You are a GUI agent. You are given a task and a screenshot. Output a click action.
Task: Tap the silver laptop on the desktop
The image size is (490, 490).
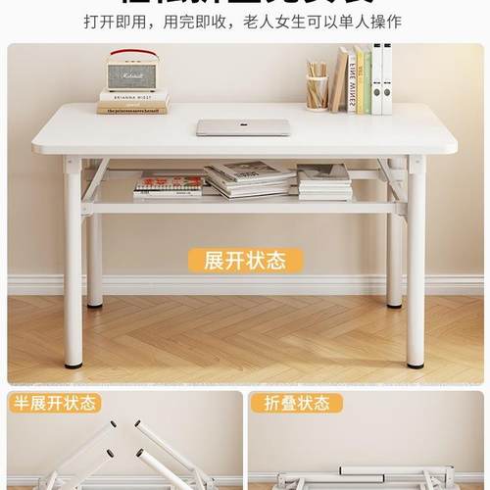243,127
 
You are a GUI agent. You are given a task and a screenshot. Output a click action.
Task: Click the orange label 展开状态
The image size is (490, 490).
244,260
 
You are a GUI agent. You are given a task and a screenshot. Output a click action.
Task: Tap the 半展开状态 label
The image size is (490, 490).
54,403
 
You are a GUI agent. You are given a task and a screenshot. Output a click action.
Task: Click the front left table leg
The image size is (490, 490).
73,265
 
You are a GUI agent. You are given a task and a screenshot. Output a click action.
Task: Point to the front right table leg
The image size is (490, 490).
416,265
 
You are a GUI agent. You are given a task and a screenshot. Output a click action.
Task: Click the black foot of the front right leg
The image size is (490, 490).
416,365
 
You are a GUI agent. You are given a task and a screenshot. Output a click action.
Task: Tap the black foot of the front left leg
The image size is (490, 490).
73,365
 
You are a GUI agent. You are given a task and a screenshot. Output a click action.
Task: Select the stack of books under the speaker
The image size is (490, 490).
132,102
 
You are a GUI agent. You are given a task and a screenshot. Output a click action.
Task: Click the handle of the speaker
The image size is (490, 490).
132,54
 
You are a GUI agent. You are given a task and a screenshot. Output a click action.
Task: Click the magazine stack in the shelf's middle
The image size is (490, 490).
249,179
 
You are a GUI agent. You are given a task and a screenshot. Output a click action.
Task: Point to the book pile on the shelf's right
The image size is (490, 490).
324,181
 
